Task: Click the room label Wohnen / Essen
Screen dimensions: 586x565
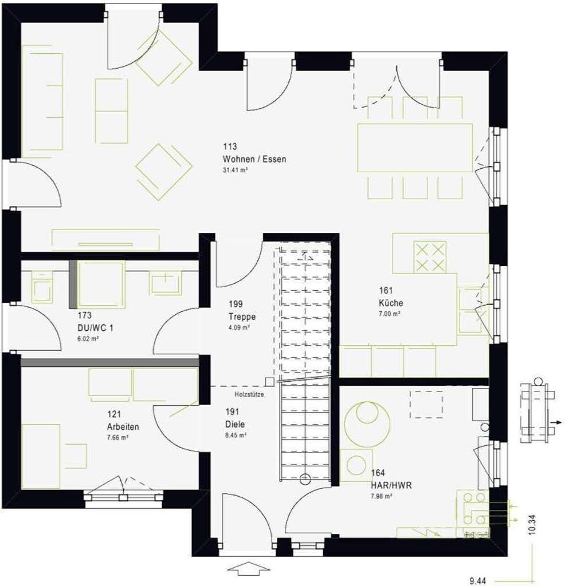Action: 254,159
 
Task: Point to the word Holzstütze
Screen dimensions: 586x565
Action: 249,394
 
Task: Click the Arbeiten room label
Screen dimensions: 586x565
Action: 123,426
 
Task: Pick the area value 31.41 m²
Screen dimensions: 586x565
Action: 239,170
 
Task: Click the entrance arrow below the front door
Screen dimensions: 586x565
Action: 248,569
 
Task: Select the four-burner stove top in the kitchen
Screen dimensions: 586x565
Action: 430,257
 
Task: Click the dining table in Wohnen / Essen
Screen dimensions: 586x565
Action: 415,148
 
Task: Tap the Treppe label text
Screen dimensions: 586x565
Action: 241,317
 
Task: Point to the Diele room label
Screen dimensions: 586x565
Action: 236,424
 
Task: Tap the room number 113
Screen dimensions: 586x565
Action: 230,146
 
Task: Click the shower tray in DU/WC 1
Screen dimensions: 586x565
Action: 101,284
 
